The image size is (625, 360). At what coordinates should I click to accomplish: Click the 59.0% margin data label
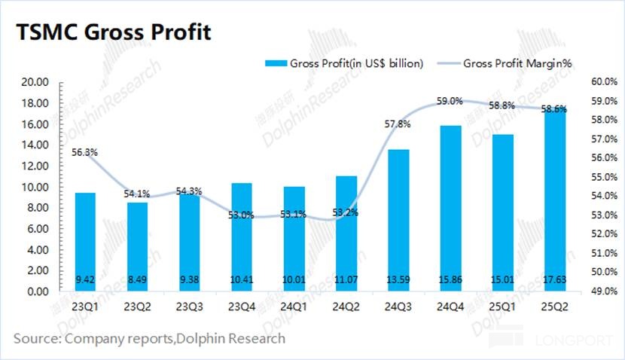(450, 100)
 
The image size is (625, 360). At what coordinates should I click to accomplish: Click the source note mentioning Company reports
(149, 338)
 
